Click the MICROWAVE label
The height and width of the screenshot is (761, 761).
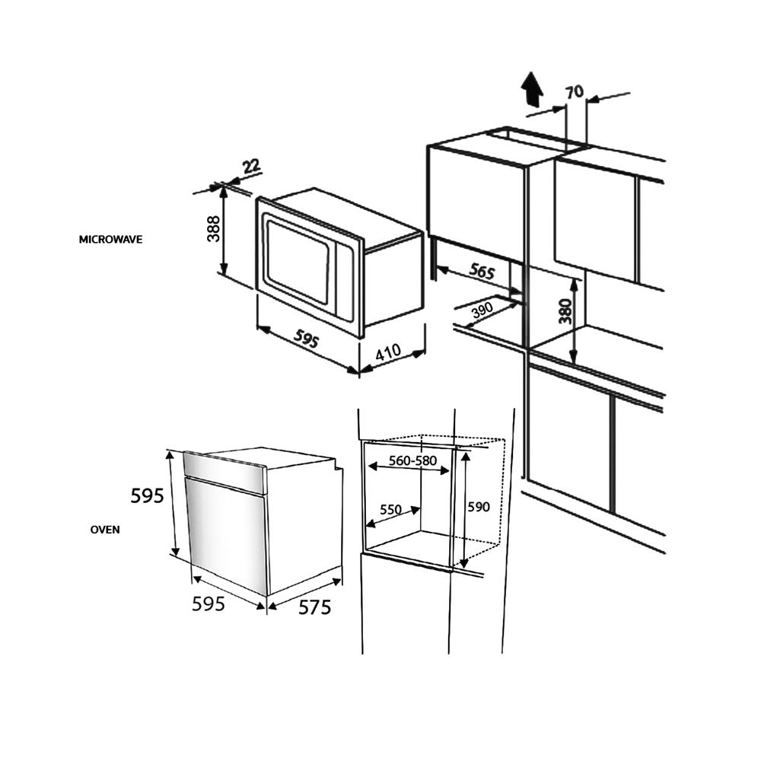[110, 240]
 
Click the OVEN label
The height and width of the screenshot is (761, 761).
[105, 530]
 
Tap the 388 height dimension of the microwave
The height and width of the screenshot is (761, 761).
[213, 228]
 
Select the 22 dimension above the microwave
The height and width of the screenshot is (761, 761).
[251, 167]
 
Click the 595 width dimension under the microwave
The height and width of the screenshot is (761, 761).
[306, 338]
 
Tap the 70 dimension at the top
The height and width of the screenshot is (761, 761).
[575, 91]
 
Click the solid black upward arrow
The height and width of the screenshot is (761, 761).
[533, 89]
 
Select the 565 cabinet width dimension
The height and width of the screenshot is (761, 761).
[482, 271]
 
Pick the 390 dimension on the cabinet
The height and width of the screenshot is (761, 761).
[482, 310]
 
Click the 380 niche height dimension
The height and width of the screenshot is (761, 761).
[565, 311]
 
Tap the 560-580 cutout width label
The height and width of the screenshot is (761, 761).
[413, 460]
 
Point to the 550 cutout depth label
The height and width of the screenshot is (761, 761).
[390, 510]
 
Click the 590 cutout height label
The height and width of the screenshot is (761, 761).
[479, 507]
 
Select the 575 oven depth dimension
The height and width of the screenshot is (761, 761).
[314, 607]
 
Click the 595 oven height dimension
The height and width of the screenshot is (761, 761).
[148, 496]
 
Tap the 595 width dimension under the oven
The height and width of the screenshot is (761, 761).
[209, 603]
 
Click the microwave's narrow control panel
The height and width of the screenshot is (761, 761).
[345, 282]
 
